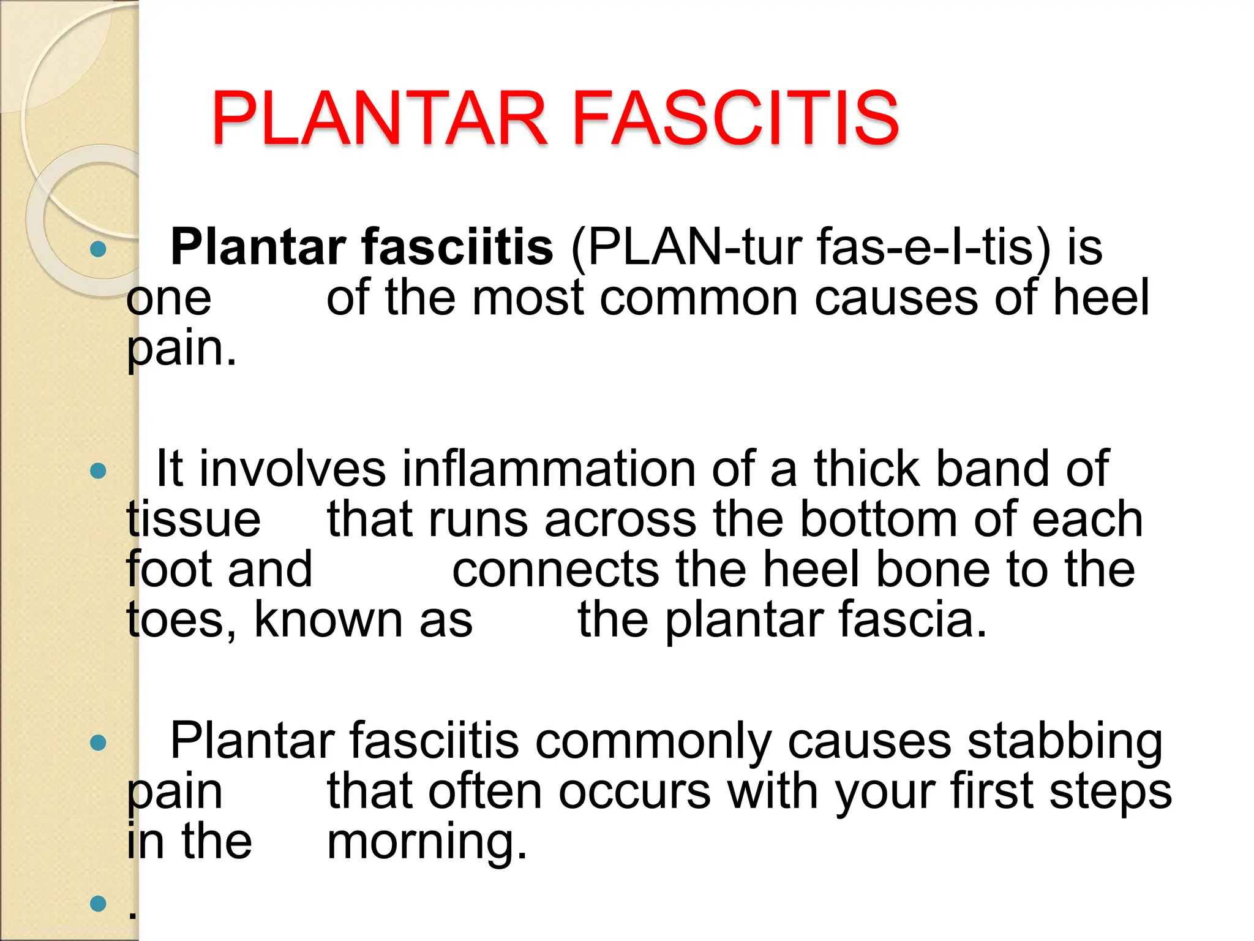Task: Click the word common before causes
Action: coord(699,298)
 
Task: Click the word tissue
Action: coord(193,520)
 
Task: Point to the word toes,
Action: coord(181,620)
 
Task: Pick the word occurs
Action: coord(634,792)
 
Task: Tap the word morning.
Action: coord(427,842)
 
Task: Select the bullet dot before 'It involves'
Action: coord(98,471)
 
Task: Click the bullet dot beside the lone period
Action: coord(98,903)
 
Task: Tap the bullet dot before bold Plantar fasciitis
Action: coord(98,249)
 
